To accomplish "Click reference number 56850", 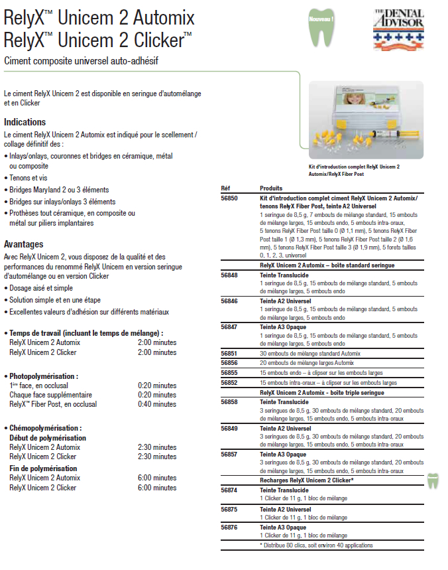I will point(229,198).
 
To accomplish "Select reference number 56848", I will point(229,274).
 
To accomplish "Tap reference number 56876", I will point(229,527).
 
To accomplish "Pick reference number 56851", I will point(229,354).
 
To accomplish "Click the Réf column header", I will point(225,188).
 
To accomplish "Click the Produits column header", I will point(271,188).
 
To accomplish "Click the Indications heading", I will point(25,122).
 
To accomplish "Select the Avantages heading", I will point(23,244).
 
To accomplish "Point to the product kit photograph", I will point(366,121).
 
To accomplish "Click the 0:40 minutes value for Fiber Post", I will point(157,404).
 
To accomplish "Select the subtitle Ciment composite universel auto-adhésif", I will point(81,62).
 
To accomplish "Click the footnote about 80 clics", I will point(316,545).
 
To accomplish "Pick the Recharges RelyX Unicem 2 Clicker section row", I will point(306,480).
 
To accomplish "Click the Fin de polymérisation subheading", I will point(43,468).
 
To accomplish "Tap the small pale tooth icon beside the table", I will point(433,480).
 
